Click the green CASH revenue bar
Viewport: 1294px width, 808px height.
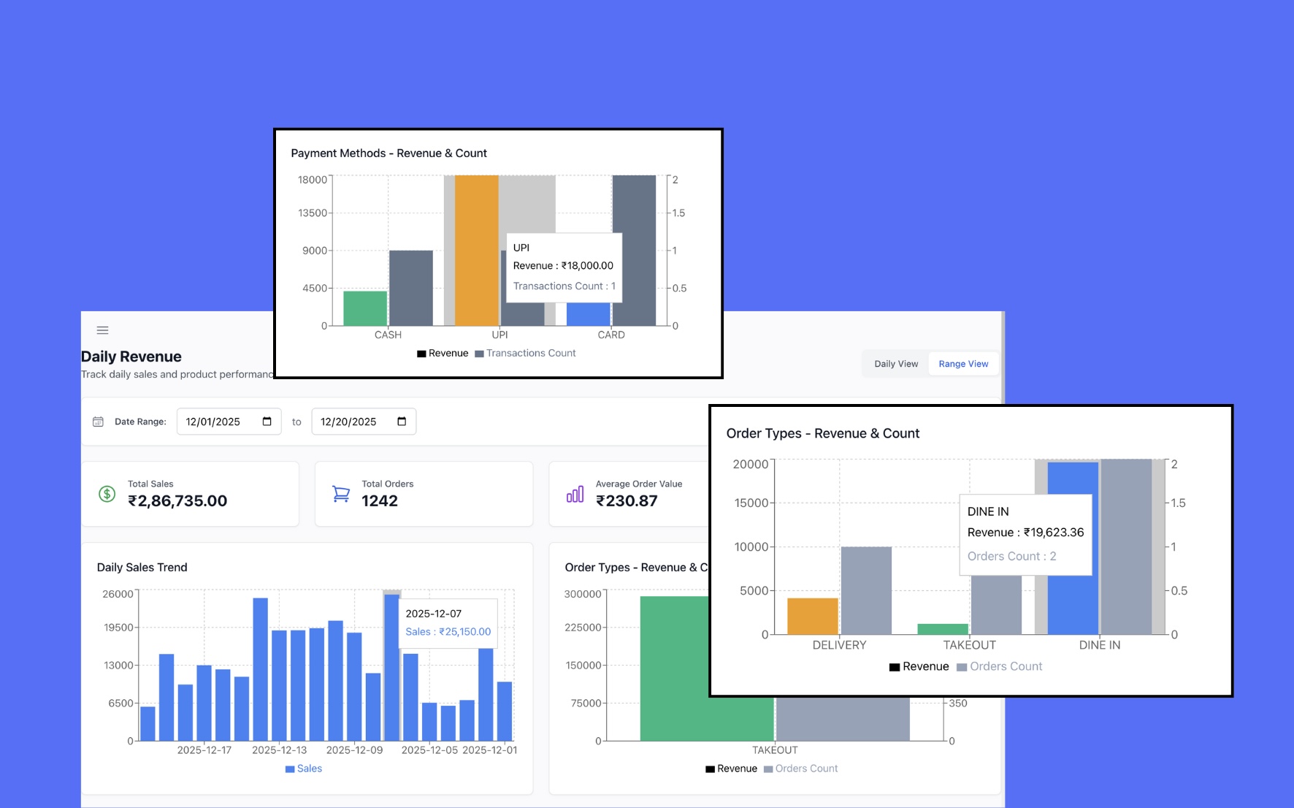365,308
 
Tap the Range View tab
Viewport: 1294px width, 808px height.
962,364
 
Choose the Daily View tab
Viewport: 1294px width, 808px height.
896,364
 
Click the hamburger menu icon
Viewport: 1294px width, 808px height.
103,330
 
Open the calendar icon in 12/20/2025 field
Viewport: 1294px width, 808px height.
402,422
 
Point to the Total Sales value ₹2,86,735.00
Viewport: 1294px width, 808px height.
177,501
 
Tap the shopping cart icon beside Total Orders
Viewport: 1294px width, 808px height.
340,494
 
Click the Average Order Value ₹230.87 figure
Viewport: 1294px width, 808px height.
627,501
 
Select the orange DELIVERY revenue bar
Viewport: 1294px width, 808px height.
812,616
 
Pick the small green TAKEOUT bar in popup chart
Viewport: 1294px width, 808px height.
942,629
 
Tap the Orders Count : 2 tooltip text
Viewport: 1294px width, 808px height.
1011,557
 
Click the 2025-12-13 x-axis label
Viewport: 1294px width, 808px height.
279,750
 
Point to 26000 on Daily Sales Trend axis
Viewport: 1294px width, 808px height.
118,594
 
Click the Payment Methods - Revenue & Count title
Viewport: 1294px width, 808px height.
388,153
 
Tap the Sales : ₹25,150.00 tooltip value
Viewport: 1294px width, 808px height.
448,632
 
